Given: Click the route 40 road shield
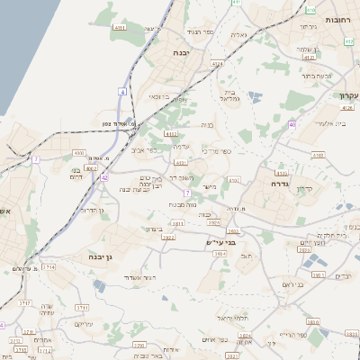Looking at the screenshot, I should pyautogui.click(x=292, y=124).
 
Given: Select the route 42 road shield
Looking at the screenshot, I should pyautogui.click(x=104, y=178).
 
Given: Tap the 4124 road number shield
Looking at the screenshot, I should pyautogui.click(x=216, y=65).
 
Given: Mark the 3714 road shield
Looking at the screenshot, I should pyautogui.click(x=49, y=267).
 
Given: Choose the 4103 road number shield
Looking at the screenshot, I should pyautogui.click(x=317, y=156).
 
